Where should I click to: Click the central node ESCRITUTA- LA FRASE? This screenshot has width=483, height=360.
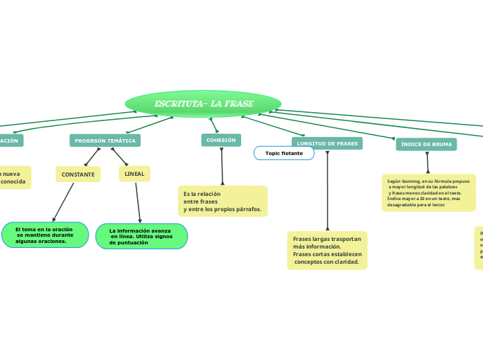(203, 104)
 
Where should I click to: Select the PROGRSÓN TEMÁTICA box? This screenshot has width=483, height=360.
(105, 141)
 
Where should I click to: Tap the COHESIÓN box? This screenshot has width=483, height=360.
(221, 140)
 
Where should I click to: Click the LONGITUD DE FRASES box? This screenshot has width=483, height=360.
(327, 143)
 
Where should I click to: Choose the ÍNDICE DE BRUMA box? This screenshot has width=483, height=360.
(426, 144)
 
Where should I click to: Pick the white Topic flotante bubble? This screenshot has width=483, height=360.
(284, 153)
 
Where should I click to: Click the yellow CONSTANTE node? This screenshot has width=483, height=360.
(78, 174)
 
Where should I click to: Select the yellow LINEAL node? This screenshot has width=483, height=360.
(134, 173)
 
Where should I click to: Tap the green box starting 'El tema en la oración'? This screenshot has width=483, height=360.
(45, 235)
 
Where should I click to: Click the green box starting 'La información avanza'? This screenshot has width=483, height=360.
(141, 236)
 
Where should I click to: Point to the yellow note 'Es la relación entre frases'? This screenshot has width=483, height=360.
(222, 201)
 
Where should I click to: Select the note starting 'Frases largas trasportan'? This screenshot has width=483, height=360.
(327, 250)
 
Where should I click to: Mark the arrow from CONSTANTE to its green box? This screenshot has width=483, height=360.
(63, 201)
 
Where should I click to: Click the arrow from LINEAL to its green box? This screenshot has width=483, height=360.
(139, 202)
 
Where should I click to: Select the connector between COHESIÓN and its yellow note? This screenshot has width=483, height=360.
(222, 166)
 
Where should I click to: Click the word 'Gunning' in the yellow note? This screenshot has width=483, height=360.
(410, 181)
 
